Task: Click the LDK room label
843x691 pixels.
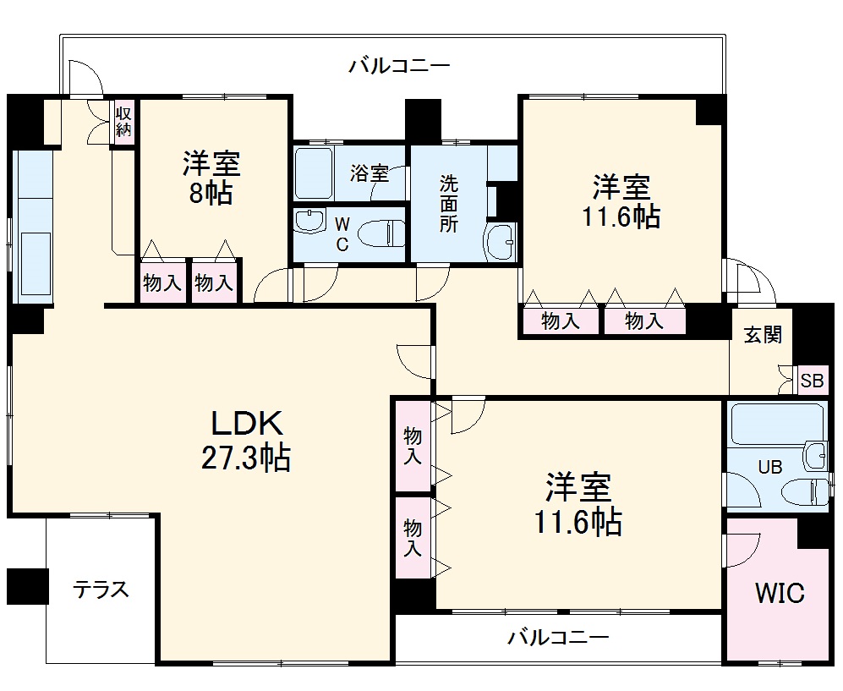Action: (244, 422)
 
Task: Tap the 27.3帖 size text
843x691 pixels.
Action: (244, 458)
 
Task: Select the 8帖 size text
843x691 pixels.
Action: (211, 194)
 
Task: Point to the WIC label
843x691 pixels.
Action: (779, 593)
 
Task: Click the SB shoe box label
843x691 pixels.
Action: (812, 381)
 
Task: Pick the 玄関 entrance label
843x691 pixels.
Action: (763, 335)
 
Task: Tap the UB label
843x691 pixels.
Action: (769, 466)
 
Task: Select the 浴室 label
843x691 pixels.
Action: (369, 174)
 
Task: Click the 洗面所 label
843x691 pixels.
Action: (448, 203)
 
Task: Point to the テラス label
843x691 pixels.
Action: (101, 590)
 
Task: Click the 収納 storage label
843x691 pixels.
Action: (124, 122)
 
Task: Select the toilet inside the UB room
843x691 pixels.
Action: (804, 491)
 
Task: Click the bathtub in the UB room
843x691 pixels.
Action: (776, 423)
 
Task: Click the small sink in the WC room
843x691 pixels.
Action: (309, 222)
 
